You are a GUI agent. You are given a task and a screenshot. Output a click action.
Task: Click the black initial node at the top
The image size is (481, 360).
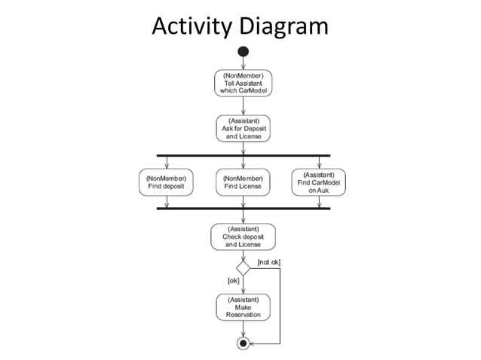tap(243, 51)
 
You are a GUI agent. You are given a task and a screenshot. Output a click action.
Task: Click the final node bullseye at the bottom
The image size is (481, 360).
tap(243, 343)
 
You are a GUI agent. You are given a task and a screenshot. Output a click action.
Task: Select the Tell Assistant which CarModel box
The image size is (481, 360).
tap(243, 83)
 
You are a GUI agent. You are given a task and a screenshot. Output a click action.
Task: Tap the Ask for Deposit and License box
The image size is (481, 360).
tap(243, 129)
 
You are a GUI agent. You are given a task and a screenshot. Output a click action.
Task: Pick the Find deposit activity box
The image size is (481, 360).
tap(166, 182)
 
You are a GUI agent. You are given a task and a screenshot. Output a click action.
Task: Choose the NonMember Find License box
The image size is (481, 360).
tap(243, 182)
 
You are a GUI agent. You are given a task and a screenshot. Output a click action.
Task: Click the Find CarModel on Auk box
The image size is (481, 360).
tap(319, 182)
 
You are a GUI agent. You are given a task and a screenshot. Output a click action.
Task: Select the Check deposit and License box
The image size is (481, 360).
tap(243, 236)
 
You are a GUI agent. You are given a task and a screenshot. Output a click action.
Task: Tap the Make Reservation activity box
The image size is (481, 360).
tap(243, 307)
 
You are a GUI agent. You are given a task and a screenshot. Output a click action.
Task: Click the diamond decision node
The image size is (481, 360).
tap(243, 267)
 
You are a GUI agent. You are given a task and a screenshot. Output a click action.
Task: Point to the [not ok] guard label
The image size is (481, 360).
tap(269, 262)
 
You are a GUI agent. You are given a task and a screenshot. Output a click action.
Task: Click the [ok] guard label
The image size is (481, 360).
tap(234, 280)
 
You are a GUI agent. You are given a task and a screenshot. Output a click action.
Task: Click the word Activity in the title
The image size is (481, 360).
tap(192, 26)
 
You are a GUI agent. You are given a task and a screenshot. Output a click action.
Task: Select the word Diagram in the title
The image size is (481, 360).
tap(283, 26)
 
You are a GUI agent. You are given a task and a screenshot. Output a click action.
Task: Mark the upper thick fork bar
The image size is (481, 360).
tap(243, 155)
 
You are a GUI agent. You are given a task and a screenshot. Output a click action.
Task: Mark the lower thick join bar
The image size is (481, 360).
tap(243, 209)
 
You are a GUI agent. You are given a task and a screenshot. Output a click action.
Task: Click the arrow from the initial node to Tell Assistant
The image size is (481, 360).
tap(243, 63)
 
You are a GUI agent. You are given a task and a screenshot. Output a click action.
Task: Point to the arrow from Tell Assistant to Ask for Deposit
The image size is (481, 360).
tap(243, 106)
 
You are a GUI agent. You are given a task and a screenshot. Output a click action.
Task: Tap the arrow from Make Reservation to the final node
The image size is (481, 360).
tap(243, 329)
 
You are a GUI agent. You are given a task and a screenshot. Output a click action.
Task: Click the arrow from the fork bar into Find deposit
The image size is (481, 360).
tap(166, 162)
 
